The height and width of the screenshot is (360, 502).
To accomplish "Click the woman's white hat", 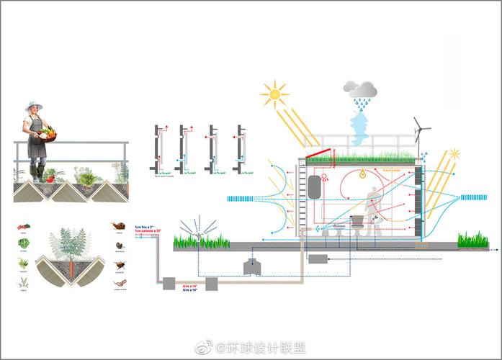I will pyautogui.click(x=33, y=106).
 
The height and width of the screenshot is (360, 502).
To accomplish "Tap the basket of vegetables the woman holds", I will pyautogui.click(x=48, y=132).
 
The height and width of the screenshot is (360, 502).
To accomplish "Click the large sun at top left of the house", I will pyautogui.click(x=274, y=94).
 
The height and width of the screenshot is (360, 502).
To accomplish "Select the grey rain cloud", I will pyautogui.click(x=360, y=89).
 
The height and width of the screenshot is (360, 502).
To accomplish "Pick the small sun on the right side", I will pyautogui.click(x=454, y=154).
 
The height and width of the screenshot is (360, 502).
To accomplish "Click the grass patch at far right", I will pyautogui.click(x=472, y=240).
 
